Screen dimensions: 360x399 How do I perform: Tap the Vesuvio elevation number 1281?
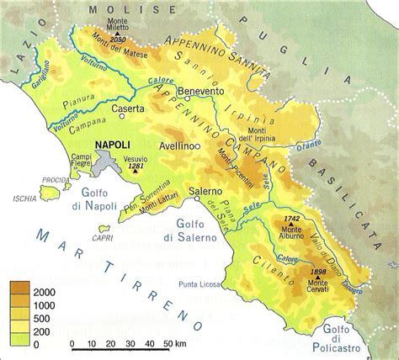pyautogui.click(x=136, y=167)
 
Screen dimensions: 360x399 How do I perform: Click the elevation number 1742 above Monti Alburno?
pyautogui.click(x=292, y=219)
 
